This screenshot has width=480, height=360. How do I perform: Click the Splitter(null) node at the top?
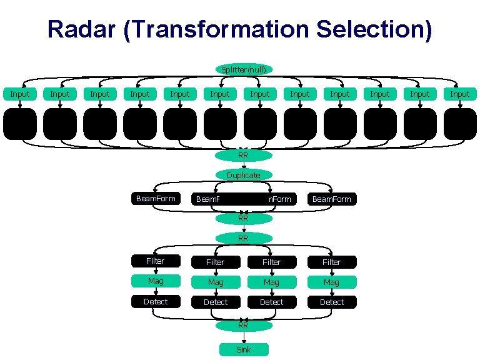[x=244, y=69]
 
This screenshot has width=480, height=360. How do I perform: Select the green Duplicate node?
[x=244, y=176]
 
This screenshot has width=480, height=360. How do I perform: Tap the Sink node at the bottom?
[x=244, y=349]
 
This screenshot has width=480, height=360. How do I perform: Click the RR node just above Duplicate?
[x=244, y=156]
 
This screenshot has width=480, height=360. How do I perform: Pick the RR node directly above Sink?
[x=244, y=325]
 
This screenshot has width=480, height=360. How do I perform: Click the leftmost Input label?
[x=19, y=94]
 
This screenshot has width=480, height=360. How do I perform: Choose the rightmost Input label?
[x=460, y=94]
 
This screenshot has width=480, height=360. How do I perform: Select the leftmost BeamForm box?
[x=156, y=199]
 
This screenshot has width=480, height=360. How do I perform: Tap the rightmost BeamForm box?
[x=332, y=199]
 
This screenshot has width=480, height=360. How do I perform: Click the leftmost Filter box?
[x=156, y=261]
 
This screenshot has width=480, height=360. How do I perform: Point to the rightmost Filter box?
[x=332, y=262]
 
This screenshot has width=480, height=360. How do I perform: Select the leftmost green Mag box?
[x=156, y=281]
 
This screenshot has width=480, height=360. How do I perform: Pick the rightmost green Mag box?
[x=332, y=282]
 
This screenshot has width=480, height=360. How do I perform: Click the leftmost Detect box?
[x=156, y=301]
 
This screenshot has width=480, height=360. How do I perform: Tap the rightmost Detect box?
[x=332, y=302]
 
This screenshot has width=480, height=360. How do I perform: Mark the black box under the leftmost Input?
[x=19, y=123]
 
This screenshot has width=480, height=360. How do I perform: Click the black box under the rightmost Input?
[x=460, y=123]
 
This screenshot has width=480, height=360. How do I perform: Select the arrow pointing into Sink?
[x=244, y=337]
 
